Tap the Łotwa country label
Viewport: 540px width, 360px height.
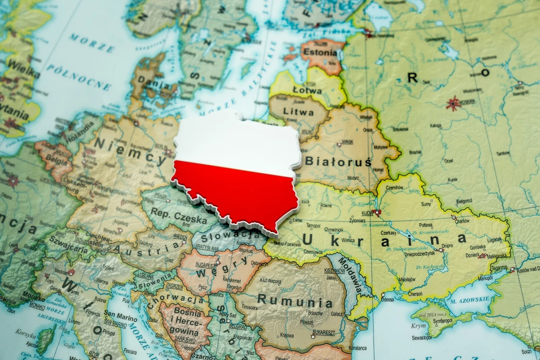tap(307, 90)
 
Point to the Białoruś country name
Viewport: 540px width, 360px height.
tap(338, 161)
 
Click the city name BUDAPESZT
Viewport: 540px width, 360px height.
tap(207, 266)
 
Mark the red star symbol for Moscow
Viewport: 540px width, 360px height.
tap(452, 103)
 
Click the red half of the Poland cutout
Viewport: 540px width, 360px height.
tap(243, 193)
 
